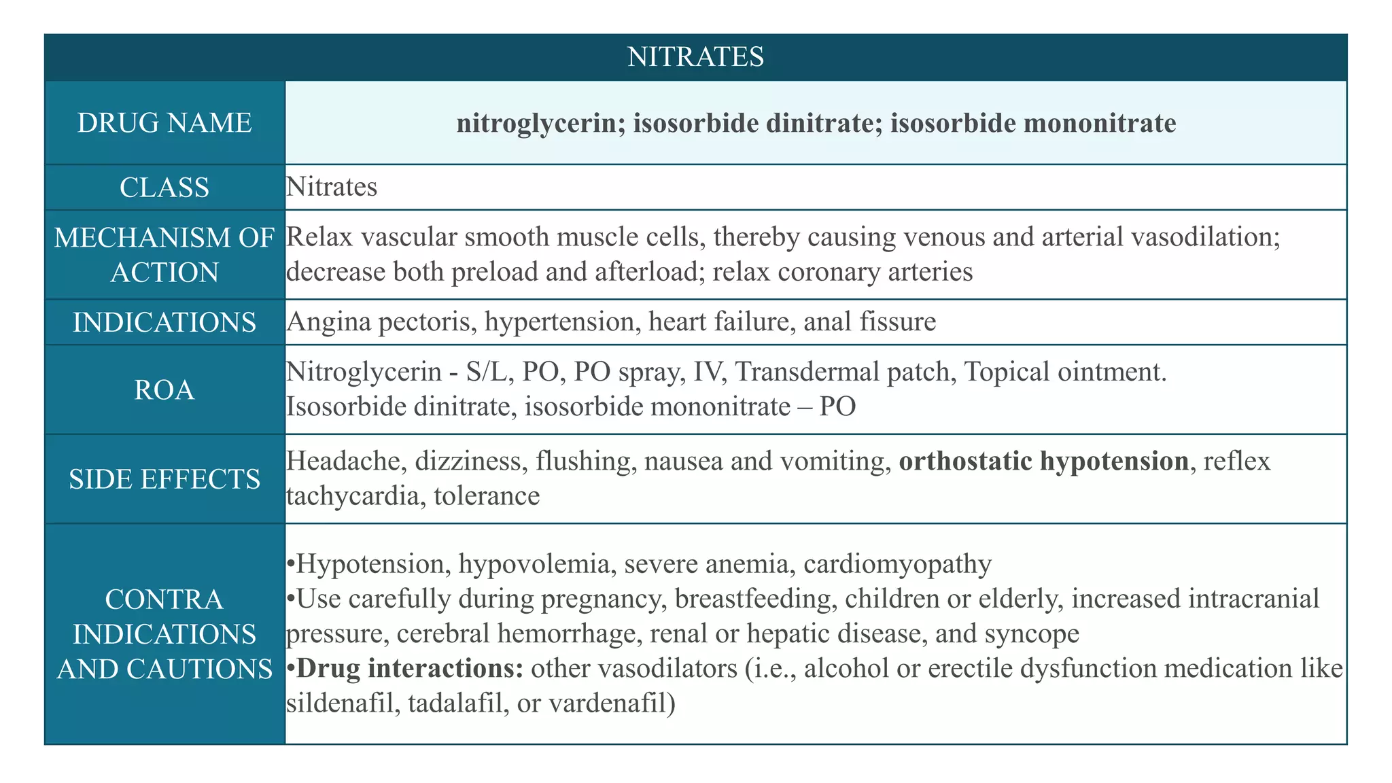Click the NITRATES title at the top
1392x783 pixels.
(695, 56)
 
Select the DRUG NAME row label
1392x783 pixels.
(164, 123)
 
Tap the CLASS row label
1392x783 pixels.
(164, 187)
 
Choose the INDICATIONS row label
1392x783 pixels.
(164, 322)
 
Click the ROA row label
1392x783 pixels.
(164, 389)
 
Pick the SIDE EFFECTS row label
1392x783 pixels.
(164, 479)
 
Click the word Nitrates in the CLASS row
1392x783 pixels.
(332, 187)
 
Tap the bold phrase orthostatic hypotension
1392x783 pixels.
(1044, 462)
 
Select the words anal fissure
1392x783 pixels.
(869, 321)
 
